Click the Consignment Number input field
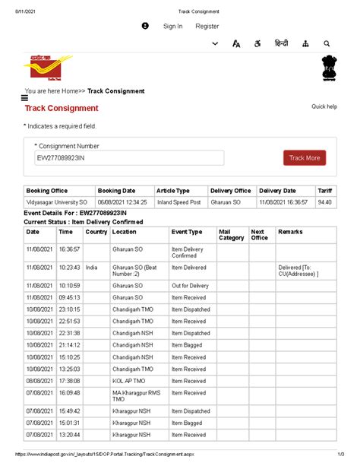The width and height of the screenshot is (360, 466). point(128,157)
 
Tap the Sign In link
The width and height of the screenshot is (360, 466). point(172,27)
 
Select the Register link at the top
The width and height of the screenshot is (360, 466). point(207,27)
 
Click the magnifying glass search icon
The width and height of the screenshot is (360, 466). point(327,44)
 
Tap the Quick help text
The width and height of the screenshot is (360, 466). point(324,107)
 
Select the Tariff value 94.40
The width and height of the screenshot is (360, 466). point(324,203)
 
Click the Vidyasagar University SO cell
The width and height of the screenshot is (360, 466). point(57,203)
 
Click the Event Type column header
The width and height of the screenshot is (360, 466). point(187,232)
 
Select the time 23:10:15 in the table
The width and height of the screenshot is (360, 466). point(69,310)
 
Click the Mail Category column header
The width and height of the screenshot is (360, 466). point(231,235)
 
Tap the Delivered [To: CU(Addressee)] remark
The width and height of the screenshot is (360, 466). point(298,271)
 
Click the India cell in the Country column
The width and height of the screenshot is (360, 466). point(92,268)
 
